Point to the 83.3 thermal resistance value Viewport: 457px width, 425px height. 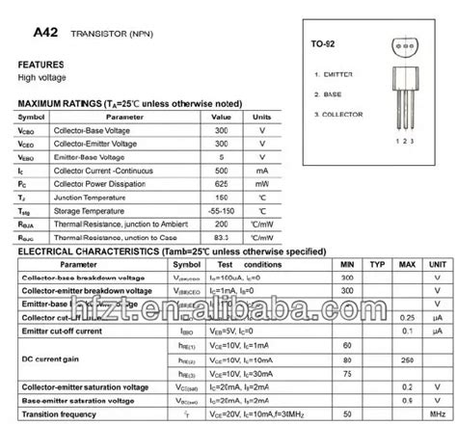coord(222,236)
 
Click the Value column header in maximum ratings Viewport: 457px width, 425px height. coord(222,117)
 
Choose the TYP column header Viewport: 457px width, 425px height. coord(377,263)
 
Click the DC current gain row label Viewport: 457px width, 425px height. coord(58,358)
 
